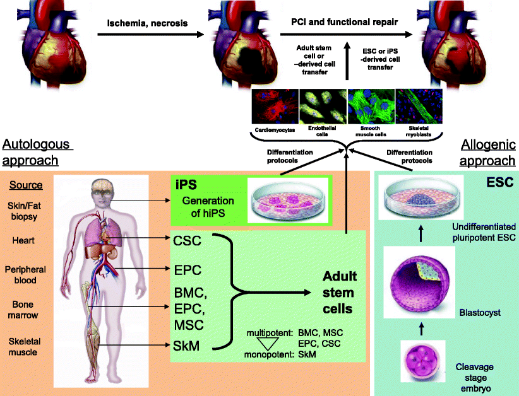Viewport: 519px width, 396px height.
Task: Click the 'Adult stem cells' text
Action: coord(340,293)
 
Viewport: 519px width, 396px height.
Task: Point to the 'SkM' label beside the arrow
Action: coord(188,346)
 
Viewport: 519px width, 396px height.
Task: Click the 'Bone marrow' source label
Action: coord(24,310)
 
